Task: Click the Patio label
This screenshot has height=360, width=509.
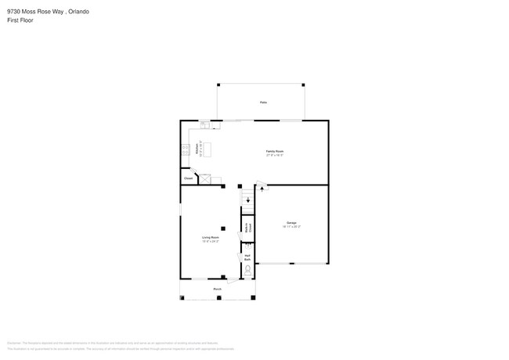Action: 263,103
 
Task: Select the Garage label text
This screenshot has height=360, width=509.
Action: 291,224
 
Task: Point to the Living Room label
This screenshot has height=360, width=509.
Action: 209,236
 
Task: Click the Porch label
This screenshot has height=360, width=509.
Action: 217,289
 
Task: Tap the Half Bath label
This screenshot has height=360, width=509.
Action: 247,257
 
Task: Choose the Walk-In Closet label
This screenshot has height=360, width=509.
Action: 247,229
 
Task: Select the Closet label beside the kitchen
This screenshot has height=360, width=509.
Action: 188,178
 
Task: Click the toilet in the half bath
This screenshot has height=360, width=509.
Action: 247,272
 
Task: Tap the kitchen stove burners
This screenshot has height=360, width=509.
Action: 186,148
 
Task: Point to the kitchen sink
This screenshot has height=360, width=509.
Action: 204,124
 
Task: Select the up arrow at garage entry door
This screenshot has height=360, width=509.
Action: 261,189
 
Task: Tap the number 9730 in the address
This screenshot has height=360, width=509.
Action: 13,11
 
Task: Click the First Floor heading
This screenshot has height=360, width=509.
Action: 20,20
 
